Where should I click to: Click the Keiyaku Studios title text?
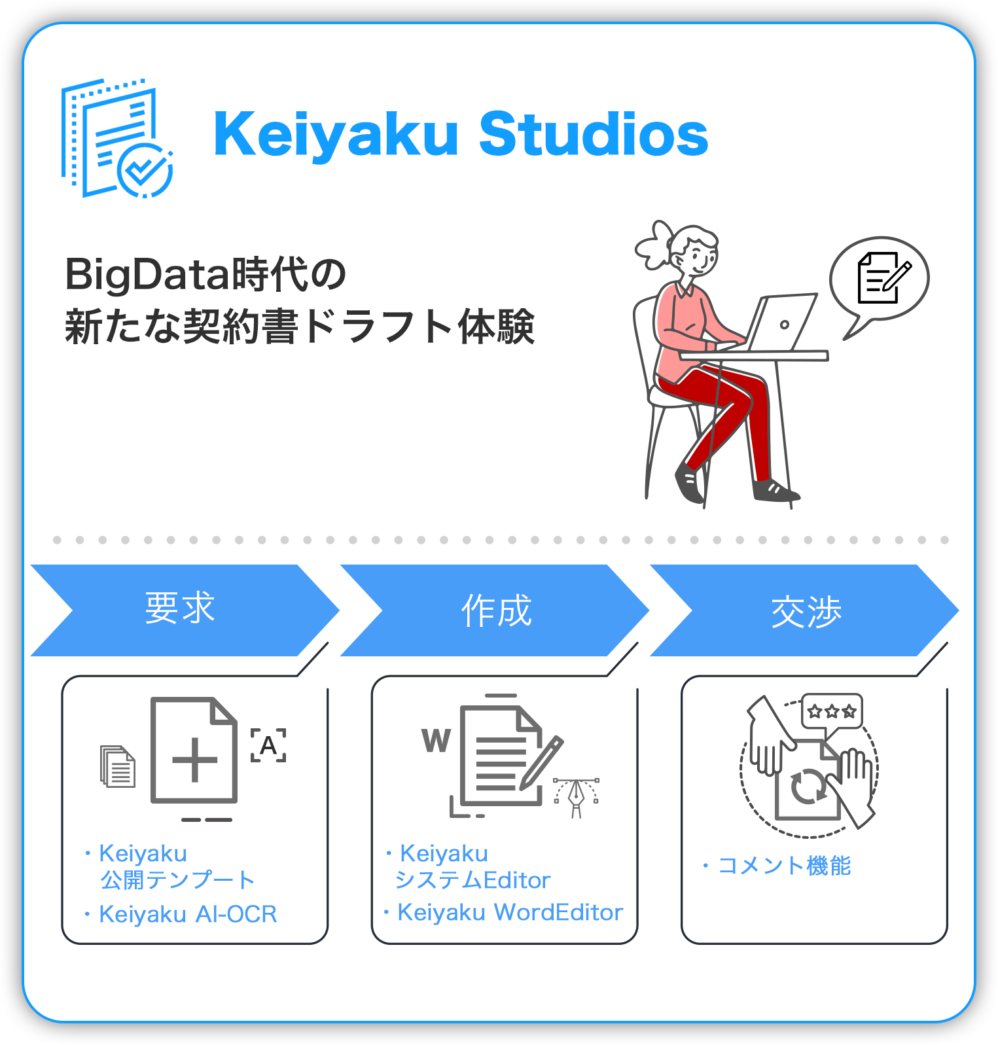pos(461,135)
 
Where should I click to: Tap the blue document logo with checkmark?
pos(116,138)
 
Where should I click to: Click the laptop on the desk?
pos(781,322)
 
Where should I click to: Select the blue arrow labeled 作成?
pos(494,610)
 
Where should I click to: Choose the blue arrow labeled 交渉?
pos(804,610)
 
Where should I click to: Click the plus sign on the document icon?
pos(194,760)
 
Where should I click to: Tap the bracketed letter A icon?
pos(268,745)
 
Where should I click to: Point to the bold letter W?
pos(436,741)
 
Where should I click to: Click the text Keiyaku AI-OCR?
pos(188,914)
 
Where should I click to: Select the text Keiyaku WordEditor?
pos(510,912)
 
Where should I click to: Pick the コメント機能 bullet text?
pos(784,866)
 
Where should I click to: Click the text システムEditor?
pos(472,880)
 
